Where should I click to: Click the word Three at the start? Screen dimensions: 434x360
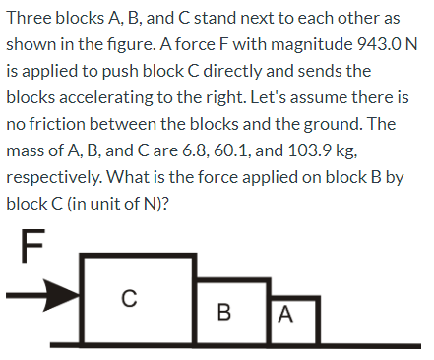pos(31,20)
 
